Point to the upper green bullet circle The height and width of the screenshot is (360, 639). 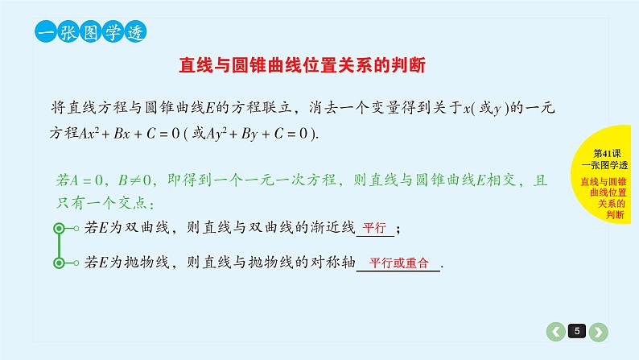click(x=58, y=229)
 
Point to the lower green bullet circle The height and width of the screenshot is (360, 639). click(x=58, y=263)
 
